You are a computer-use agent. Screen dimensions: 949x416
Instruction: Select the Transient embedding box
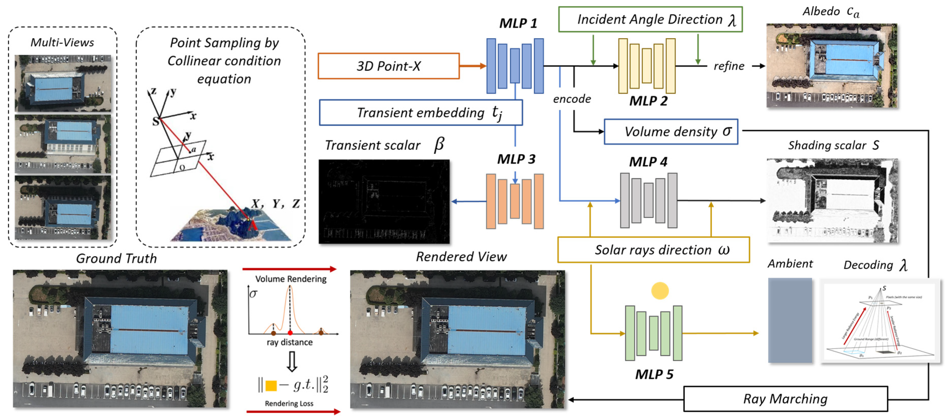click(x=421, y=112)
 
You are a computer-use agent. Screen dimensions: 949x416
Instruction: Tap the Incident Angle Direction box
click(x=650, y=19)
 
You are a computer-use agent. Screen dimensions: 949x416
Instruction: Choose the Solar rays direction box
click(x=653, y=250)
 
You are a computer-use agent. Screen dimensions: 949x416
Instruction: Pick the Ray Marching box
click(x=785, y=399)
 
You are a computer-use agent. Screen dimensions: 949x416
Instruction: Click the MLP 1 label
click(x=518, y=23)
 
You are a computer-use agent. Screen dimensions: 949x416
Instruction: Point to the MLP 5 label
click(x=654, y=374)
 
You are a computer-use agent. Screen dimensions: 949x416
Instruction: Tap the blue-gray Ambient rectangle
click(x=790, y=320)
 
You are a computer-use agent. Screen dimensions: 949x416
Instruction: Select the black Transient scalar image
click(x=384, y=201)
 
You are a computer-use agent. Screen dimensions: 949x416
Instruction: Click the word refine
click(x=729, y=66)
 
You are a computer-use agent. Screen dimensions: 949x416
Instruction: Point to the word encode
click(x=572, y=99)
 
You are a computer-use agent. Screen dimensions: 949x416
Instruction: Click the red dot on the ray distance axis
click(x=290, y=333)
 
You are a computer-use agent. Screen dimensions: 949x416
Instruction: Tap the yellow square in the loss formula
click(x=271, y=385)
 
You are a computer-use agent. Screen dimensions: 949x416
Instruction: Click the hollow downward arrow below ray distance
click(x=292, y=361)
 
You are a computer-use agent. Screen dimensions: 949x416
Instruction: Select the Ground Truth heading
click(x=116, y=258)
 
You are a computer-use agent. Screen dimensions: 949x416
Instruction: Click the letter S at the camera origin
click(x=156, y=121)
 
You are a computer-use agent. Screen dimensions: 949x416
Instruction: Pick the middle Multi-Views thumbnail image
click(x=63, y=144)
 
